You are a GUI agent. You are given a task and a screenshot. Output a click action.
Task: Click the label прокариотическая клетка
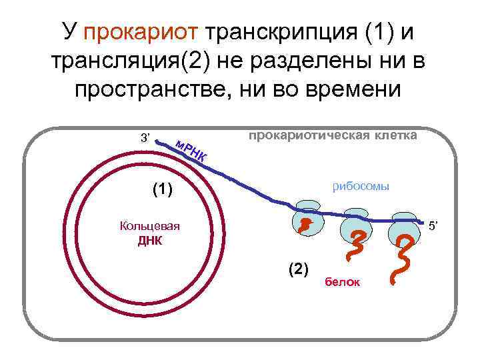(332, 135)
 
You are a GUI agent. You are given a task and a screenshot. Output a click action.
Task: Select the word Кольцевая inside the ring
(150, 225)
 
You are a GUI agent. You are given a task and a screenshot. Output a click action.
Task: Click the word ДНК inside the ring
(150, 241)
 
